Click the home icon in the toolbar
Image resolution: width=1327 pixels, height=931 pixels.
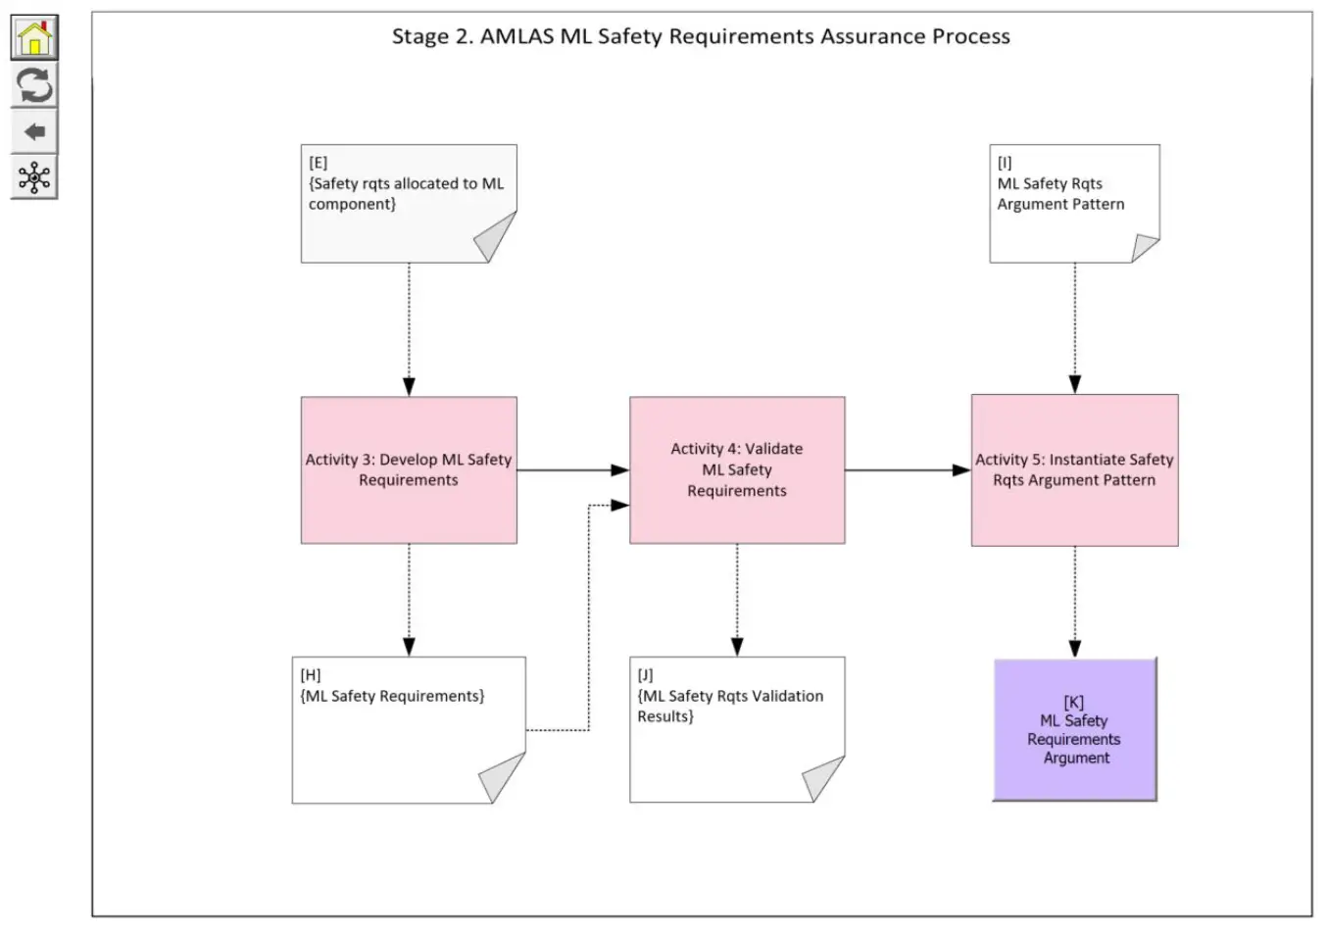[x=34, y=39]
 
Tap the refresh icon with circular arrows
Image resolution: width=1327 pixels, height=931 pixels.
[x=34, y=86]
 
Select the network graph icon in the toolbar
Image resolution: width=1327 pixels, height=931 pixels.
[x=34, y=178]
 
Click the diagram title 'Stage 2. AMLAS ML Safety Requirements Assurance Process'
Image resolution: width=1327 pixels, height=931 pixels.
[x=701, y=37]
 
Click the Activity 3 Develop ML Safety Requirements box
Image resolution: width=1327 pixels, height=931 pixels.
[x=409, y=470]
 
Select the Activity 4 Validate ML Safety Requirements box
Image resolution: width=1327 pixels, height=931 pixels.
[x=737, y=470]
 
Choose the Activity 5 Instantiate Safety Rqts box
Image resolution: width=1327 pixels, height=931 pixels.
[x=1074, y=470]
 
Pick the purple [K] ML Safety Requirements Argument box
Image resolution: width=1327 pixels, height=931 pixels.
[x=1075, y=730]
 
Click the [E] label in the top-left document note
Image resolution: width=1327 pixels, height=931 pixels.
[x=319, y=163]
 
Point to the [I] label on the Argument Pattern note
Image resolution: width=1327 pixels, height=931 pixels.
[x=1005, y=163]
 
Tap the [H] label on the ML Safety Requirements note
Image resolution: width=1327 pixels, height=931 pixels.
[x=311, y=675]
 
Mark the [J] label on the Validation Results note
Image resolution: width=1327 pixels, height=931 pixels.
[x=645, y=675]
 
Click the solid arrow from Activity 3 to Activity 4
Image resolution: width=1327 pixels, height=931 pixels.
[x=572, y=470]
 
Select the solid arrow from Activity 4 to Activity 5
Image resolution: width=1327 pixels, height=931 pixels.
[x=908, y=470]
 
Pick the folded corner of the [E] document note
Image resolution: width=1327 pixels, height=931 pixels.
[x=498, y=237]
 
